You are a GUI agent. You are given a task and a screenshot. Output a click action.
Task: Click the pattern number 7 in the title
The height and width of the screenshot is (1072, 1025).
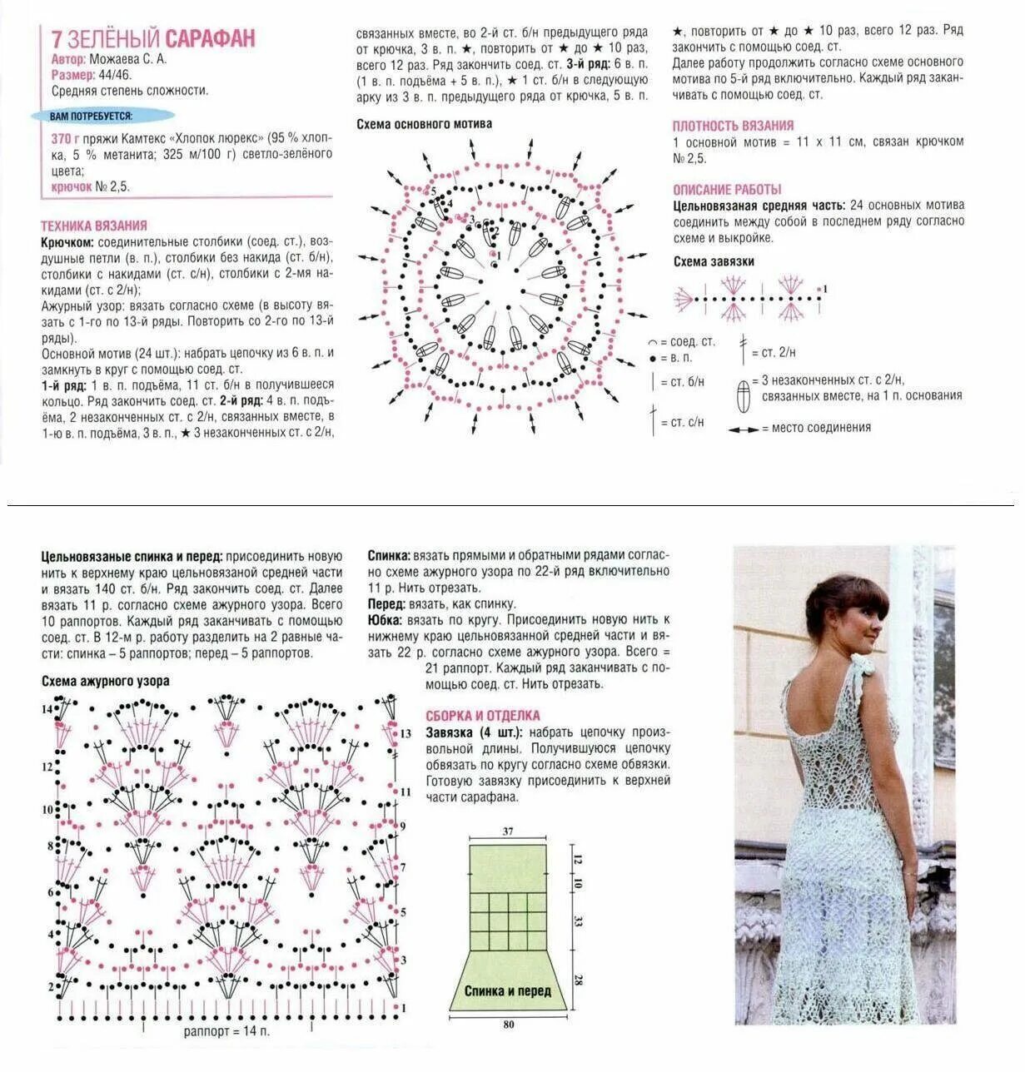(x=57, y=38)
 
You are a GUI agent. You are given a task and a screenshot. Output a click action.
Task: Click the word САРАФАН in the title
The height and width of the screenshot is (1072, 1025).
(x=210, y=38)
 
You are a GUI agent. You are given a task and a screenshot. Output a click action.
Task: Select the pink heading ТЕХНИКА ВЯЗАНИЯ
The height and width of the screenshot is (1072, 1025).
(x=94, y=226)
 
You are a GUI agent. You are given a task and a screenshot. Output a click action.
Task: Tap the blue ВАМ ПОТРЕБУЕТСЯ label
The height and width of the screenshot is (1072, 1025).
(x=91, y=117)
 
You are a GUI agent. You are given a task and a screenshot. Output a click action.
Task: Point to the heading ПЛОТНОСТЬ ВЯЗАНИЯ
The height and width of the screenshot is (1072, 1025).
(x=733, y=126)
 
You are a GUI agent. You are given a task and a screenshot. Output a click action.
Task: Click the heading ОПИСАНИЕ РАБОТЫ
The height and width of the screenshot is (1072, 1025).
(x=727, y=189)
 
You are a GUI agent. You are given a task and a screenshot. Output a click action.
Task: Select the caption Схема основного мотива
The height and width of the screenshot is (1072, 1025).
(x=424, y=124)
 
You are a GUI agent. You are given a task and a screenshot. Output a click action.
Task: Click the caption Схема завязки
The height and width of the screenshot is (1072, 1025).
(x=714, y=261)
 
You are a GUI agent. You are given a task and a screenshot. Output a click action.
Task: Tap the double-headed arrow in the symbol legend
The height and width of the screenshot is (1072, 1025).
(x=744, y=429)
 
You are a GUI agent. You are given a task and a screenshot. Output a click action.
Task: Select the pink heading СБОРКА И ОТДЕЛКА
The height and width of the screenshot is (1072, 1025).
(x=483, y=716)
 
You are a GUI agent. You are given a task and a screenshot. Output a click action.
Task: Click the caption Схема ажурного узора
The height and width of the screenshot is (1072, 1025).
(x=106, y=681)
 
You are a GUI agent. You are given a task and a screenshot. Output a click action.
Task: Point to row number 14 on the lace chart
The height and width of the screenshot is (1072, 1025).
(x=47, y=708)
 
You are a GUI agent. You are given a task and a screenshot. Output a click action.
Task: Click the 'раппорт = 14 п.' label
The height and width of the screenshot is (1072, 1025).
(x=226, y=1032)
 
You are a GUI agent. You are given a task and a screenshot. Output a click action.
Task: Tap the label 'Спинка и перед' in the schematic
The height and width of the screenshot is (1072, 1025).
(x=507, y=991)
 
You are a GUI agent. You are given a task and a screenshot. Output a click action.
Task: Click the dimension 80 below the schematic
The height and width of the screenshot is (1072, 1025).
(x=508, y=1025)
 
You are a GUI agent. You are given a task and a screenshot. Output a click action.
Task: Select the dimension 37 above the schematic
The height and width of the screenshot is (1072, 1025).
(x=508, y=831)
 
